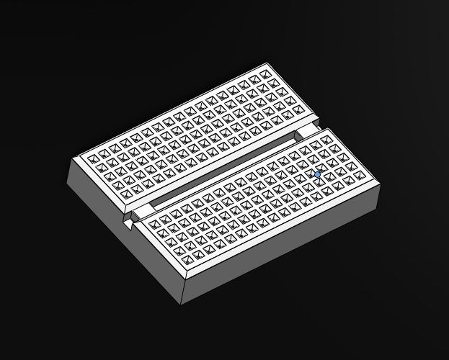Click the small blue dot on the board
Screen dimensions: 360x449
[x=318, y=174]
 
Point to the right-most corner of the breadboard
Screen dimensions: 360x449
[x=379, y=185]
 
